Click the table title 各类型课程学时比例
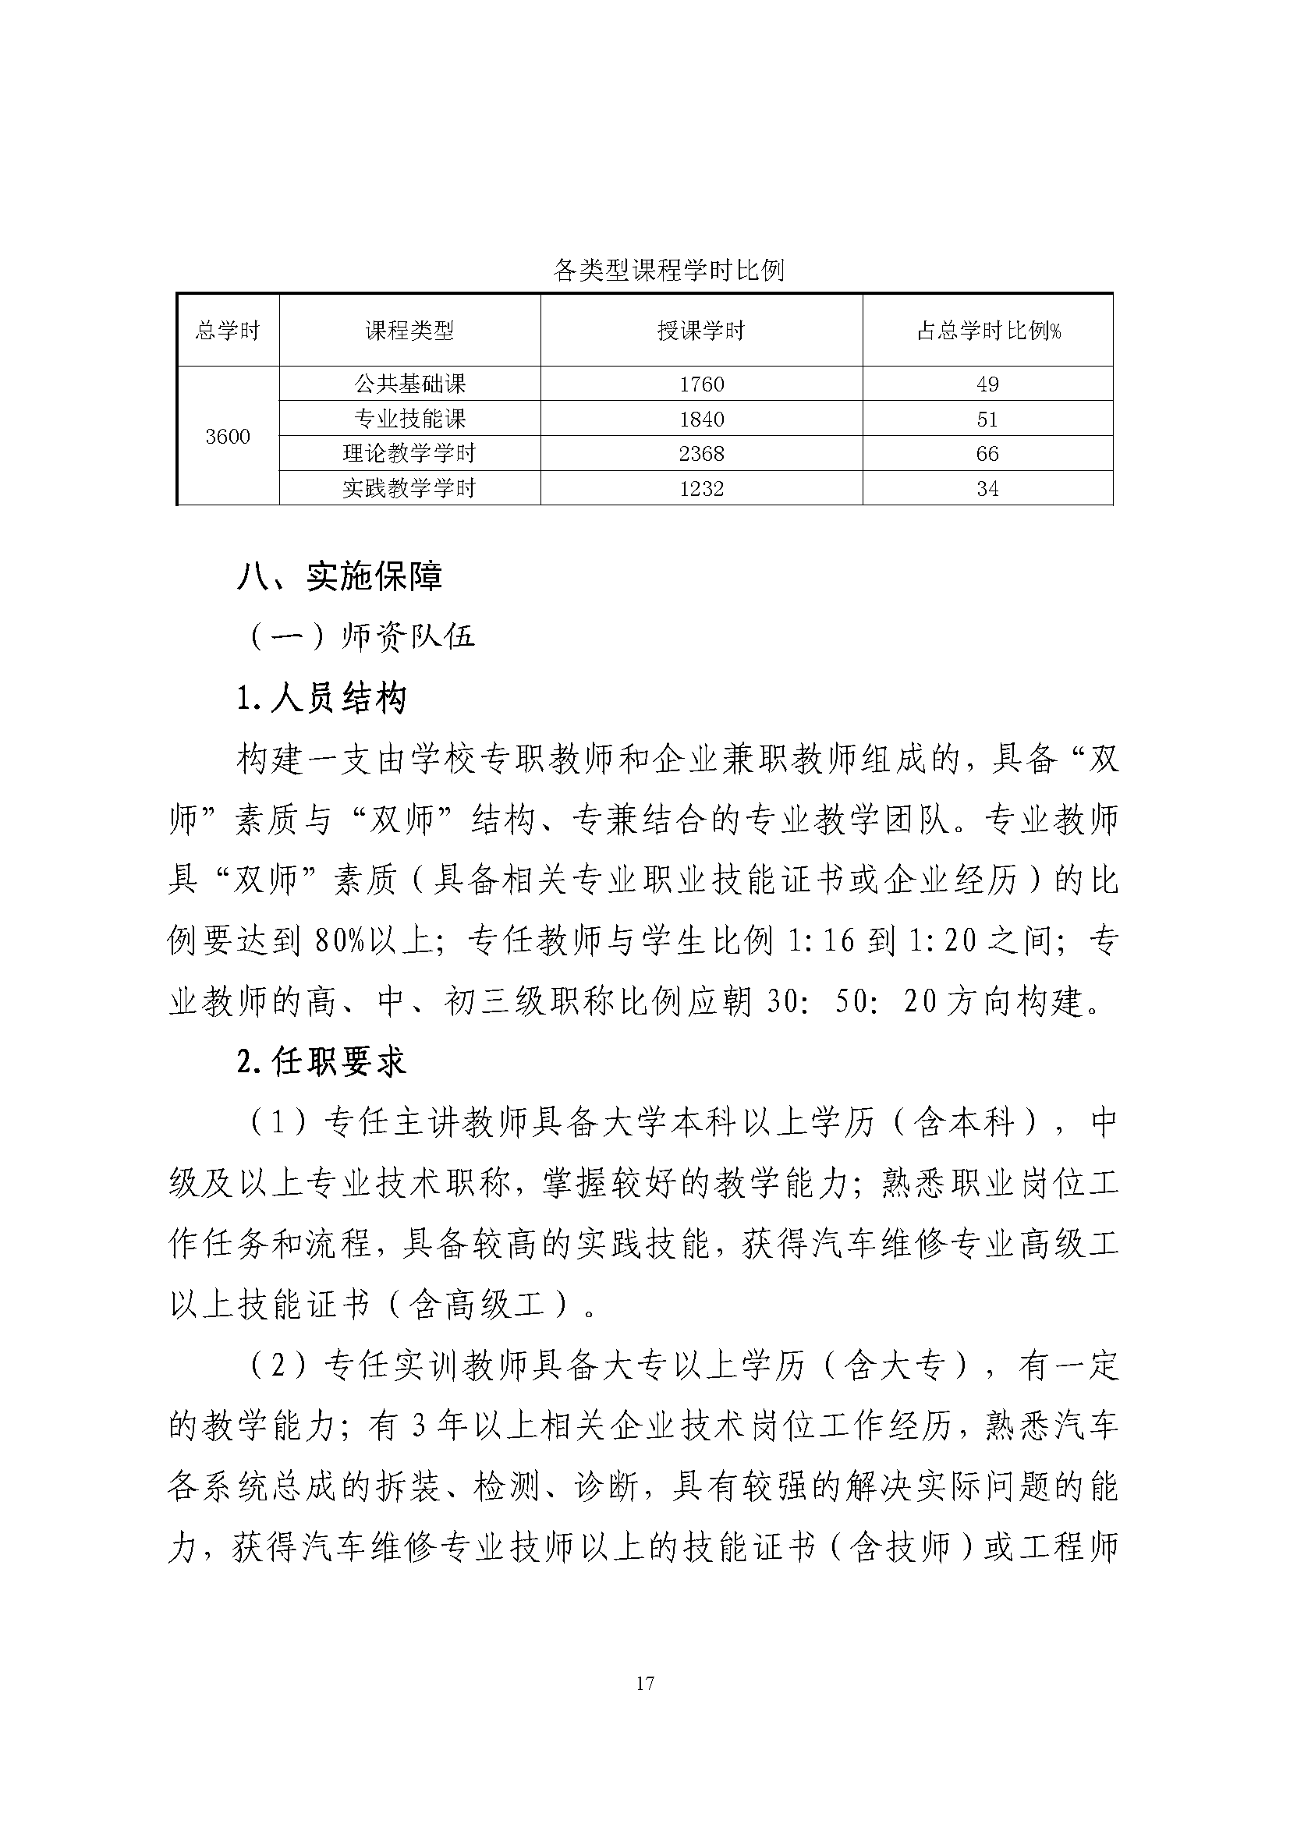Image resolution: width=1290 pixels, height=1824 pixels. pyautogui.click(x=668, y=271)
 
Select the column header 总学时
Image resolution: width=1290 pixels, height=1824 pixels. pyautogui.click(x=228, y=331)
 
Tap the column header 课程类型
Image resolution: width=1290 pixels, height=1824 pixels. pyautogui.click(x=409, y=331)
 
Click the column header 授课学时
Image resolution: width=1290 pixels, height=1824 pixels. pyautogui.click(x=701, y=331)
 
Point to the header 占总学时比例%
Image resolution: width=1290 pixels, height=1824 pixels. pyautogui.click(x=988, y=331)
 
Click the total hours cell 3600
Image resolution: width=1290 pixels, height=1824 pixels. pyautogui.click(x=228, y=436)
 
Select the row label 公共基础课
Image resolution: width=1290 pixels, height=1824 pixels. pyautogui.click(x=409, y=384)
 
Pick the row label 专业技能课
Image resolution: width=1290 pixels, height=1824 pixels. pyautogui.click(x=409, y=419)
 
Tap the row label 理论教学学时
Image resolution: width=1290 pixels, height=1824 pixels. pyautogui.click(x=409, y=454)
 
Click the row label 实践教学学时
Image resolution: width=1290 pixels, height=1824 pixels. pyautogui.click(x=409, y=487)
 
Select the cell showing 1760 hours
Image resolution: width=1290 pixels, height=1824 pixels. pyautogui.click(x=701, y=384)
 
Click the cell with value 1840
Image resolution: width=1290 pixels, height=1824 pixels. pyautogui.click(x=701, y=419)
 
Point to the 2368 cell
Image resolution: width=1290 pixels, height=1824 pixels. pyautogui.click(x=701, y=454)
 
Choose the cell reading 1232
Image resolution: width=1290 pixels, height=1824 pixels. pyautogui.click(x=701, y=487)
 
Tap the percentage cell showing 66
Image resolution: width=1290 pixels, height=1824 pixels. pyautogui.click(x=987, y=454)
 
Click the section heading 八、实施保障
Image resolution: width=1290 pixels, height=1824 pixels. pyautogui.click(x=340, y=577)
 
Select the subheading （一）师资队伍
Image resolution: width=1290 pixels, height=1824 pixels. pyautogui.click(x=362, y=636)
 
